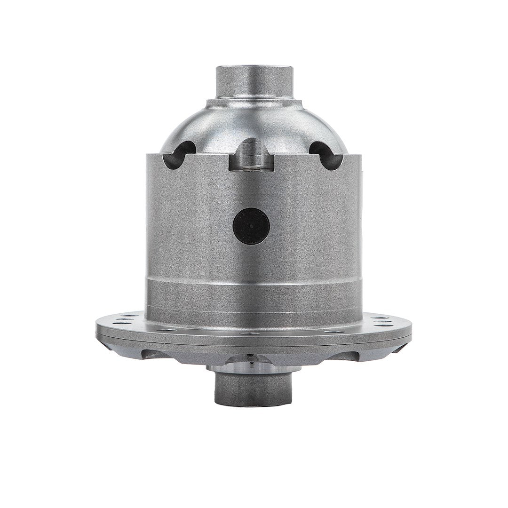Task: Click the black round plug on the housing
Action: coord(251,226)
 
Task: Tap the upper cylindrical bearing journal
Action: coord(254,81)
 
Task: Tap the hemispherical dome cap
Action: coord(254,122)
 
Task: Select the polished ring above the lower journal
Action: coord(254,368)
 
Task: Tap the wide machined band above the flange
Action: coord(254,301)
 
